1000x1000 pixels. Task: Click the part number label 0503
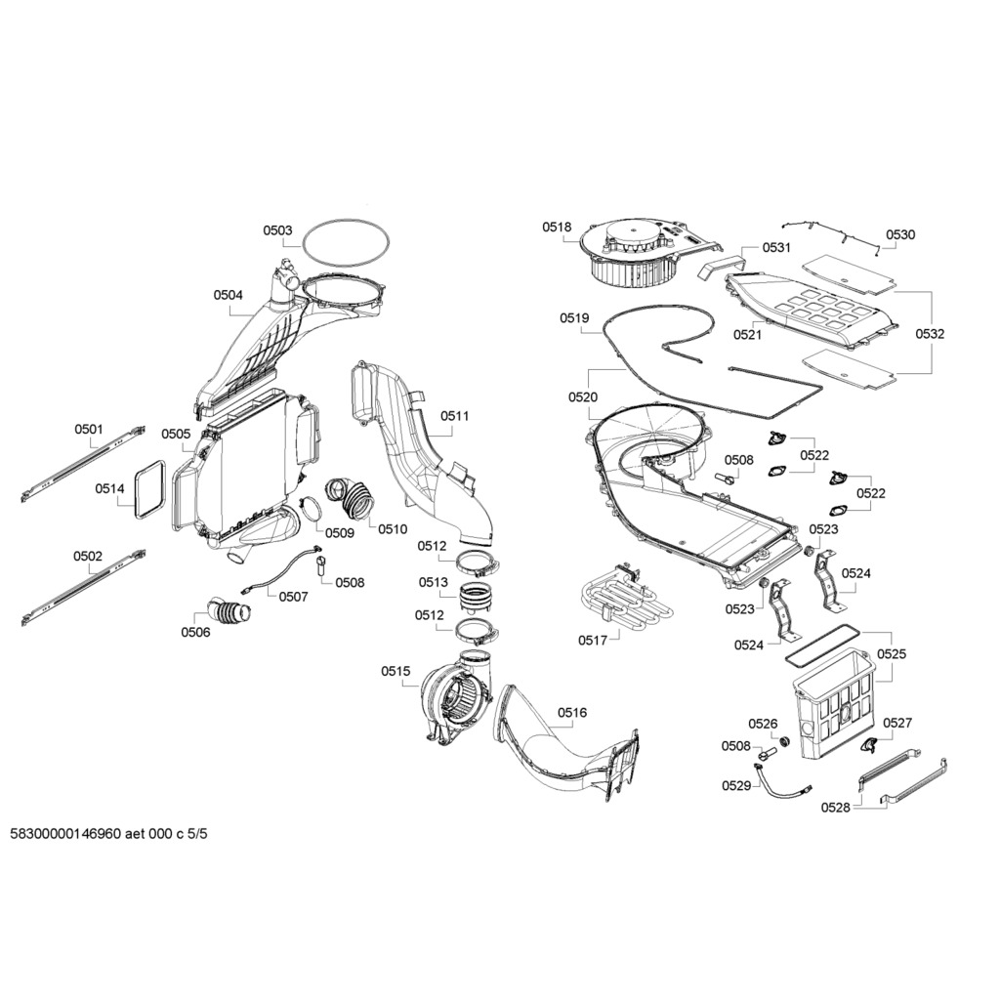pos(277,230)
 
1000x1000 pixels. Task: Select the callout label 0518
pos(557,227)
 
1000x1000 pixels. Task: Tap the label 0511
pos(454,416)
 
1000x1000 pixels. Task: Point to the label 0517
pos(592,640)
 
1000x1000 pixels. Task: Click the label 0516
pos(572,713)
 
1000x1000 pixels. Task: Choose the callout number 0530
pos(900,234)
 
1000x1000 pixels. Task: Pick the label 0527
pos(896,723)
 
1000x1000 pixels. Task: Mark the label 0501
pos(88,429)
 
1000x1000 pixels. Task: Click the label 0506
pos(195,632)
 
